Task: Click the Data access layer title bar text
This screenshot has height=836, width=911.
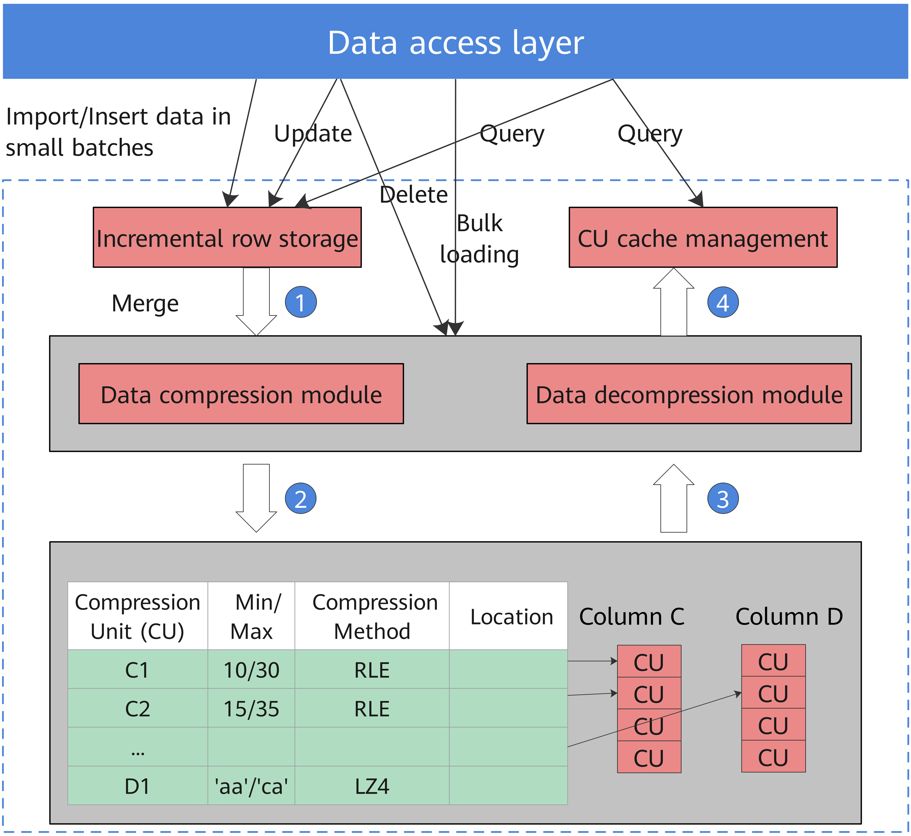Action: pyautogui.click(x=455, y=43)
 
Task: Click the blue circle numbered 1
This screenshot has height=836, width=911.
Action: pyautogui.click(x=300, y=302)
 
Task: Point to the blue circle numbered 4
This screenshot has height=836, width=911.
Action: pyautogui.click(x=723, y=302)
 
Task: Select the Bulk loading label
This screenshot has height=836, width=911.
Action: pyautogui.click(x=479, y=239)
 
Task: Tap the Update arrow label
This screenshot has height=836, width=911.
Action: pyautogui.click(x=313, y=134)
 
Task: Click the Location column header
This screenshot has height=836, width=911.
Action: pyautogui.click(x=511, y=617)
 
